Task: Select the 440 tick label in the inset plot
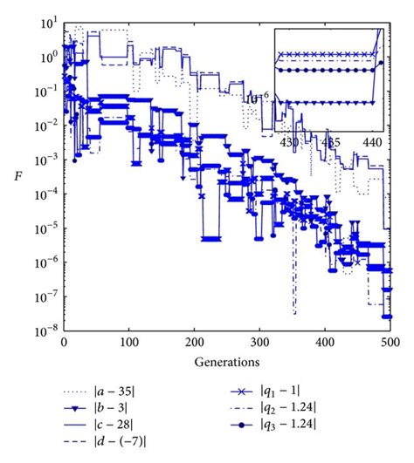tap(374, 140)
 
